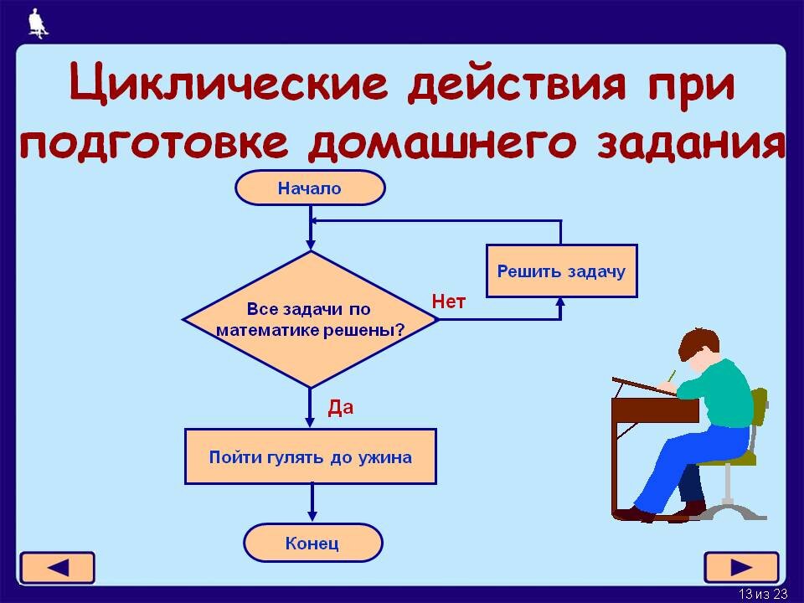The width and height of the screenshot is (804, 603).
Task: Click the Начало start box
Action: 310,188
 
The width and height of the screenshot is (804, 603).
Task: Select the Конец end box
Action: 312,544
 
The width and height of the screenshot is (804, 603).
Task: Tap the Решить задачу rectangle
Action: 561,271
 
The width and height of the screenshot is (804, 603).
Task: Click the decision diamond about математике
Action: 310,319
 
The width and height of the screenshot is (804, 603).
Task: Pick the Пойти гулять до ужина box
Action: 310,457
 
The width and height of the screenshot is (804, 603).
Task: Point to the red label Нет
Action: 448,301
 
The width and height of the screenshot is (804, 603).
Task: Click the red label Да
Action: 340,408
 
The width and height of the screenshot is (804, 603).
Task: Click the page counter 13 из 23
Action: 763,595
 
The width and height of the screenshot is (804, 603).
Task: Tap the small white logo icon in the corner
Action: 36,23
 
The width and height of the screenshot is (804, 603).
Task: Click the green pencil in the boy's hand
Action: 671,375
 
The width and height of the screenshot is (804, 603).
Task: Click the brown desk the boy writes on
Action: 653,410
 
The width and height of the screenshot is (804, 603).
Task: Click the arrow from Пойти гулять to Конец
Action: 312,502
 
